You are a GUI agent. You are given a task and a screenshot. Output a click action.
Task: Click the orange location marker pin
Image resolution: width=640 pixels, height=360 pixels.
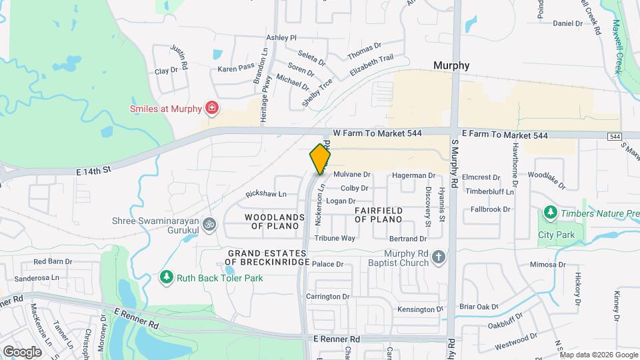tap(320, 159)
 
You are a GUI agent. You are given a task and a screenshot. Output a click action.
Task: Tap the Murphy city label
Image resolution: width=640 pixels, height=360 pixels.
tap(451, 65)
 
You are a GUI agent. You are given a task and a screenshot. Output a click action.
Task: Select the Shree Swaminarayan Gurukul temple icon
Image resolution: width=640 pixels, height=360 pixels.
tap(210, 223)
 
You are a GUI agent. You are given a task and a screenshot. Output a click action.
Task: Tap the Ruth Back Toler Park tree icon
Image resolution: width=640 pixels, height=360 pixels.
tap(166, 277)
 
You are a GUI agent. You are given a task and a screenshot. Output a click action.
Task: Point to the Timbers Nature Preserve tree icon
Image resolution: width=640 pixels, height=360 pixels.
tap(550, 213)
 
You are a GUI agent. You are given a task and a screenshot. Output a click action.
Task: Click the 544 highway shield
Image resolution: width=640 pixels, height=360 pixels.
tap(615, 136)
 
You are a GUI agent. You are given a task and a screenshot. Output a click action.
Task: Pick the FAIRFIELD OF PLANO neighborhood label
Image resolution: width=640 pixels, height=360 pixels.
tap(378, 215)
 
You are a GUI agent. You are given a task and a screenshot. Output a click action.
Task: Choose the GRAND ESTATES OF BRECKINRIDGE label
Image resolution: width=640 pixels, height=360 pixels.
tap(269, 257)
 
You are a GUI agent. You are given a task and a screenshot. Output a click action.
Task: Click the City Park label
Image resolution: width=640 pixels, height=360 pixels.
tap(556, 235)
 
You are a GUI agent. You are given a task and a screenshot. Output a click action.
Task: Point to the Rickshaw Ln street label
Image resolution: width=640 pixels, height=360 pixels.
tap(265, 194)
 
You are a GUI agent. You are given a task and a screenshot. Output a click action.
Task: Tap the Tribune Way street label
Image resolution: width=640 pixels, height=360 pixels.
tap(335, 238)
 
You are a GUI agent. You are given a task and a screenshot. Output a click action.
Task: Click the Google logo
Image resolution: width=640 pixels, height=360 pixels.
tap(22, 351)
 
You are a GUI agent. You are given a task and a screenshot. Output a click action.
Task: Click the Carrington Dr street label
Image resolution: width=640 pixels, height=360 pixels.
tap(327, 296)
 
